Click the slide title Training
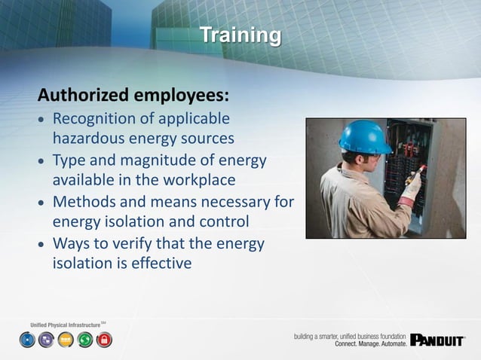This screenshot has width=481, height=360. tap(240, 35)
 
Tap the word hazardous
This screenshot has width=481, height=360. tap(85, 139)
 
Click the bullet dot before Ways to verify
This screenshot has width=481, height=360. tap(41, 245)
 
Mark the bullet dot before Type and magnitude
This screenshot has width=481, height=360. tap(41, 161)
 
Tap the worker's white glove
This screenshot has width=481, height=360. tap(411, 186)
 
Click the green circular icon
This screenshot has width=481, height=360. tap(85, 340)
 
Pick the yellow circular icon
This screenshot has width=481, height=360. tap(66, 340)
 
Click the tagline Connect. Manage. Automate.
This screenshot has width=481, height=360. tap(369, 343)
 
